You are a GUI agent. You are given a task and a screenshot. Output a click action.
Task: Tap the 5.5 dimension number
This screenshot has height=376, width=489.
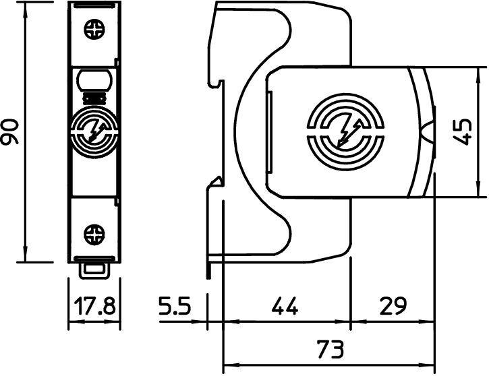pos(176,308)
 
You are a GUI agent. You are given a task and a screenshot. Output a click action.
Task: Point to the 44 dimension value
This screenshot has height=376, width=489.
pos(284,308)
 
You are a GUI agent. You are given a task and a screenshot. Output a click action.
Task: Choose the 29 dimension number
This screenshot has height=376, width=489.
pos(393,308)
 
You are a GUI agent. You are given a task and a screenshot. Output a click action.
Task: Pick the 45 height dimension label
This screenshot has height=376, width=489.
pos(463,131)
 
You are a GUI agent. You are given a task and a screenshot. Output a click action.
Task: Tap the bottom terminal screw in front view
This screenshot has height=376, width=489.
pos(94,235)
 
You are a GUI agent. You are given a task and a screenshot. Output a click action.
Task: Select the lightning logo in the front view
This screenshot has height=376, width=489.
pos(94,128)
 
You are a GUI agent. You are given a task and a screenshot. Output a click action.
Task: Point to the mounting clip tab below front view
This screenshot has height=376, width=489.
pos(94,269)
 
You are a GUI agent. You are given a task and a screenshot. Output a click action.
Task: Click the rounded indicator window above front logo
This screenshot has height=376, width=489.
pos(94,80)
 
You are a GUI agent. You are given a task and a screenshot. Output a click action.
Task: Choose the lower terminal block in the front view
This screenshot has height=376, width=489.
pos(94,229)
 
